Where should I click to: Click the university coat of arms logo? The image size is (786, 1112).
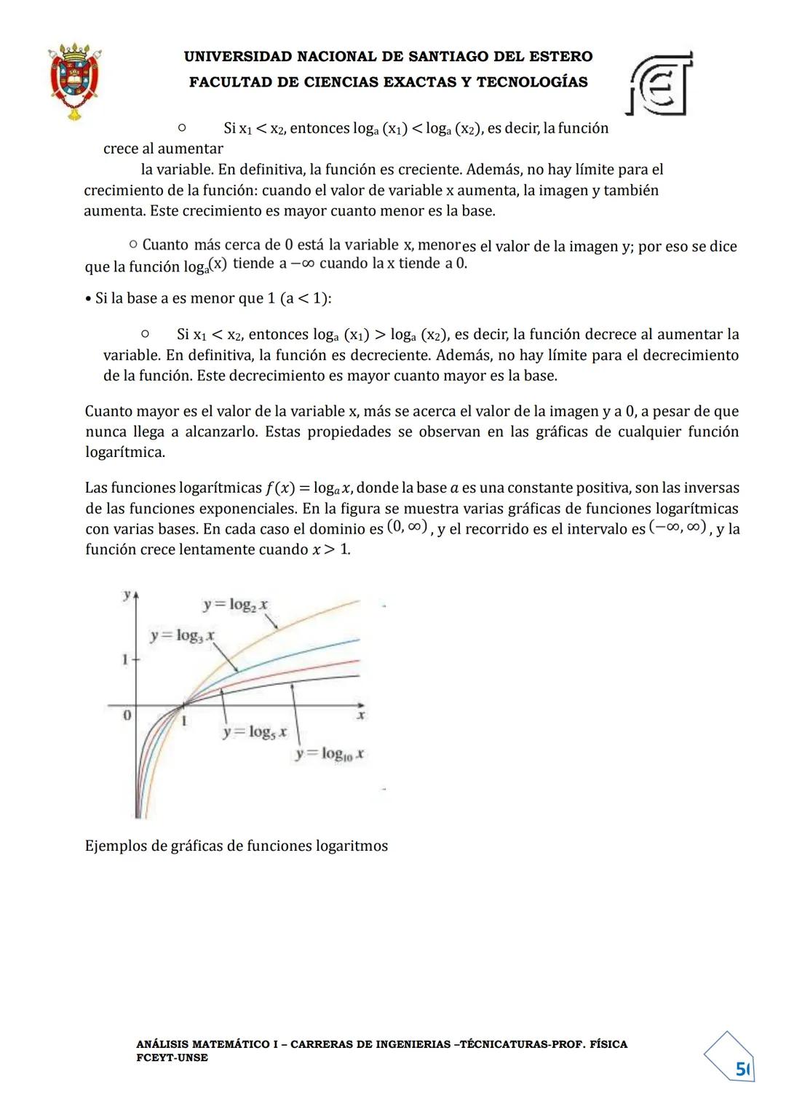tap(75, 80)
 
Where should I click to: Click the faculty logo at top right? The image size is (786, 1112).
tap(659, 84)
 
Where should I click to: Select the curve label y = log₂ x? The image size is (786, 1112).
tap(235, 604)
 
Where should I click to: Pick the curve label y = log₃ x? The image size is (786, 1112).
tap(182, 635)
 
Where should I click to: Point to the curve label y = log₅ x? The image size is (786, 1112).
tap(255, 732)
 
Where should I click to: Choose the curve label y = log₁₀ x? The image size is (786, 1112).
tap(330, 754)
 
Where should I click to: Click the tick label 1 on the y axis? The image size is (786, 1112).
tap(125, 660)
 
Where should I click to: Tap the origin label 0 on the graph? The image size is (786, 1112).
tap(127, 715)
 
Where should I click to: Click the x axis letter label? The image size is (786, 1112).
tap(360, 716)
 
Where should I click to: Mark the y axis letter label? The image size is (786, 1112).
tap(127, 595)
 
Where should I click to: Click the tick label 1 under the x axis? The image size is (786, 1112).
tap(184, 720)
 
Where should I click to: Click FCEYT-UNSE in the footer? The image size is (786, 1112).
tap(172, 1057)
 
